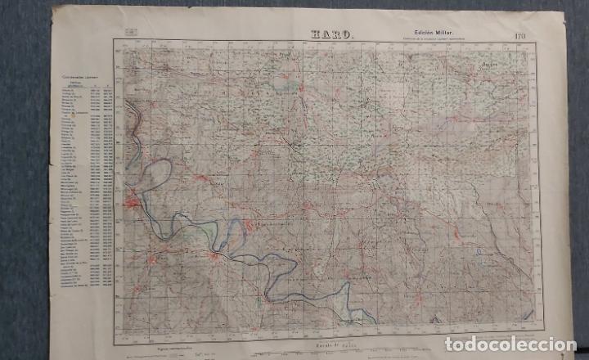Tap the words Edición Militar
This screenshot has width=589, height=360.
[x=424, y=32]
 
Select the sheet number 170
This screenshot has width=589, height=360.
[x=520, y=35]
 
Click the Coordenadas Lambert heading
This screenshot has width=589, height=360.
[x=78, y=77]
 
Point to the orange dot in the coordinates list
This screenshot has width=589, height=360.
[x=74, y=115]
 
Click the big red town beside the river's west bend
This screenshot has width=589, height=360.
[x=132, y=200]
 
